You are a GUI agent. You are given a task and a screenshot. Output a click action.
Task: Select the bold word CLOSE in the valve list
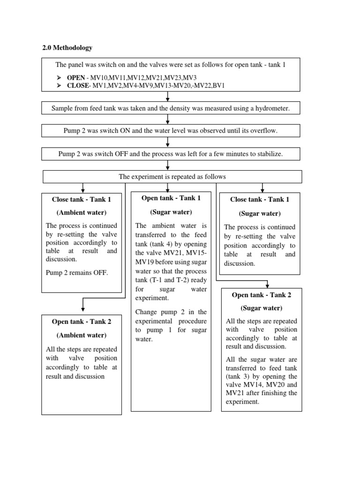(78, 85)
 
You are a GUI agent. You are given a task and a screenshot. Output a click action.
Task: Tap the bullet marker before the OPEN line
(59, 77)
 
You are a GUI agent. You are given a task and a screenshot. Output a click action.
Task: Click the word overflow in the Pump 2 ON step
(263, 131)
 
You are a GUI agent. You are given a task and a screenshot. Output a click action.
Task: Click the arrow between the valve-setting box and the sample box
(167, 97)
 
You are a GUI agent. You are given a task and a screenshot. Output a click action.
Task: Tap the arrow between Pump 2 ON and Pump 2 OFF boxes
(167, 142)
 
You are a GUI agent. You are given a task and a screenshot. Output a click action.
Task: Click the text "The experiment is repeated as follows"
(172, 176)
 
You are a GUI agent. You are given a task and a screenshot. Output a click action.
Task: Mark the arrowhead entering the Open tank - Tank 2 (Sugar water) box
(267, 285)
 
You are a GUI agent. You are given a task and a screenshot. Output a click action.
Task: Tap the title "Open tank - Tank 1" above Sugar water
(171, 198)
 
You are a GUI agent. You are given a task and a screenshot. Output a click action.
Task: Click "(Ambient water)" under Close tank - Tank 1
(82, 212)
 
